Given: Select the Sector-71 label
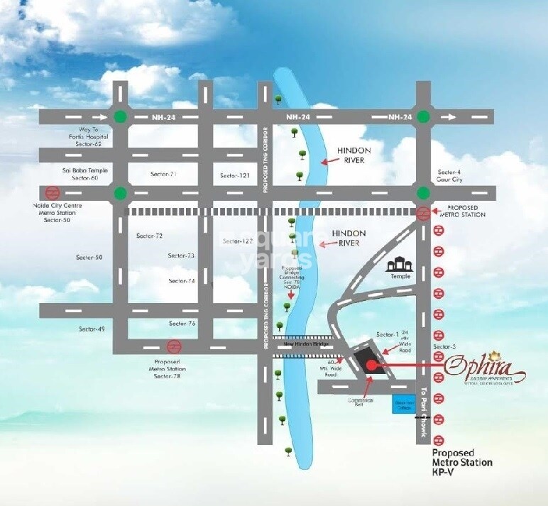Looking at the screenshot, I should click(x=163, y=174).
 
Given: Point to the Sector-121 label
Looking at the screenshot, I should click(x=235, y=175).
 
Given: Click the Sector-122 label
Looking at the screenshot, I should click(x=237, y=241).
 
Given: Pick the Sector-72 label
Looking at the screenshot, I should click(x=149, y=236).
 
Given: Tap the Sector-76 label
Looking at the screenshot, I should click(x=182, y=324).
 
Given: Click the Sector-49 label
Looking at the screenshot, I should click(x=91, y=329).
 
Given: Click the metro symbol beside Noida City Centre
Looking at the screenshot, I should click(x=51, y=192).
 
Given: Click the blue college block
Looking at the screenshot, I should click(x=402, y=404).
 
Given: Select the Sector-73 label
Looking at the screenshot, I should click(x=181, y=255).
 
